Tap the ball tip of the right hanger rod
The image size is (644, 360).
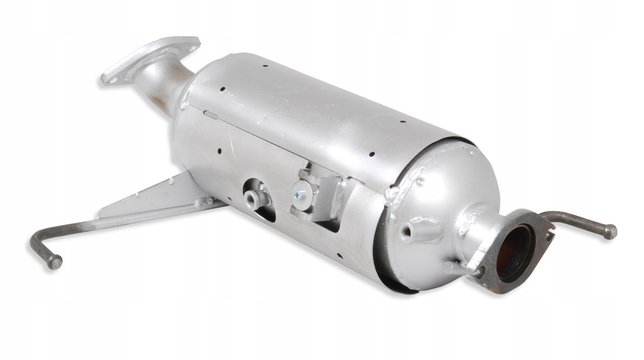click(x=609, y=232)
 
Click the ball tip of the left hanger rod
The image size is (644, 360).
click(x=55, y=261)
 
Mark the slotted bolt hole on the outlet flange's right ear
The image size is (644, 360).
click(x=547, y=236)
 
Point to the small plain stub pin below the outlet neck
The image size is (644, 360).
click(x=448, y=267)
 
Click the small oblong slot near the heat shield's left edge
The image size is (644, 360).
click(x=210, y=115)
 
